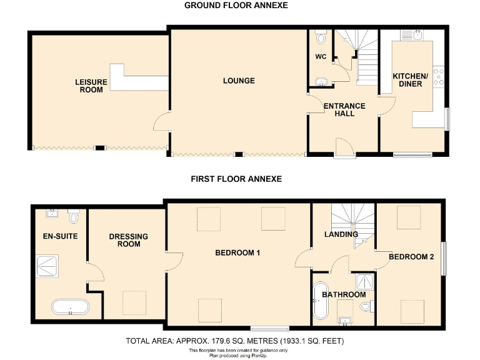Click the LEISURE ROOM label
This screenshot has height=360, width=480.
[91, 86]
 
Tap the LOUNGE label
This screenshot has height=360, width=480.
[239, 81]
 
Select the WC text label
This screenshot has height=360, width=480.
[321, 57]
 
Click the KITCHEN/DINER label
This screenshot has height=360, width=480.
[411, 80]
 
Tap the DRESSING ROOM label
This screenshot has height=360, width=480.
[128, 240]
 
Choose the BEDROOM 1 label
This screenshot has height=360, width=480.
[237, 253]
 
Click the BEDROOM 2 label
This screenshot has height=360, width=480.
[411, 257]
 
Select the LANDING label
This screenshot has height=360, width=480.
[341, 234]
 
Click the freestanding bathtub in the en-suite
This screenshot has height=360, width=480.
[70, 307]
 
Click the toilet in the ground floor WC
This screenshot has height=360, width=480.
[321, 38]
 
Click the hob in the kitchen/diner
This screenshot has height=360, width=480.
[439, 76]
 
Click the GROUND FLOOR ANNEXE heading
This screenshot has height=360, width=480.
[236, 6]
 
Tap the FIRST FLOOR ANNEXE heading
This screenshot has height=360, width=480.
[236, 179]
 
